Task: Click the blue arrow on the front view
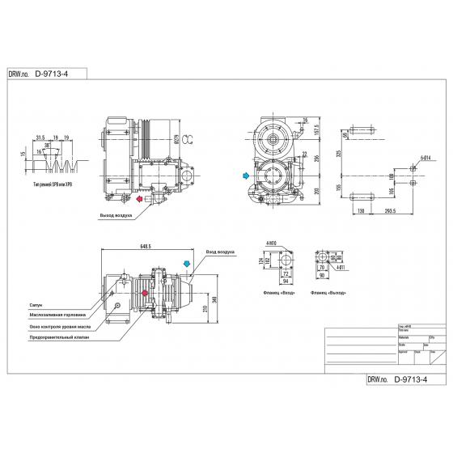click(x=245, y=174)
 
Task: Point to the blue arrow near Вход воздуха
click(x=188, y=264)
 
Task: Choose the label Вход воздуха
click(x=220, y=253)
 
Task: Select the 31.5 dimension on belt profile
click(x=40, y=138)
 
